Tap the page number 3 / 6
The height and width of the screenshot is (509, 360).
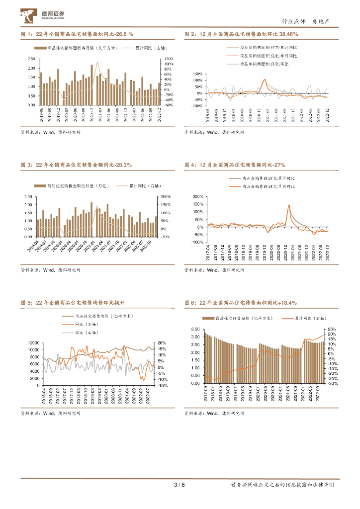click(x=180, y=485)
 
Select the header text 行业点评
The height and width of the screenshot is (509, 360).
click(x=292, y=21)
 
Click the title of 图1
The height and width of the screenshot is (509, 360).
click(x=77, y=34)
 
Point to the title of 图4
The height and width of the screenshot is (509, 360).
click(x=235, y=165)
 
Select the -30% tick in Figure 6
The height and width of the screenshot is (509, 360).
click(x=332, y=383)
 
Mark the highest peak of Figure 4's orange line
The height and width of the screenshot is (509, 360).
click(x=289, y=205)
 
